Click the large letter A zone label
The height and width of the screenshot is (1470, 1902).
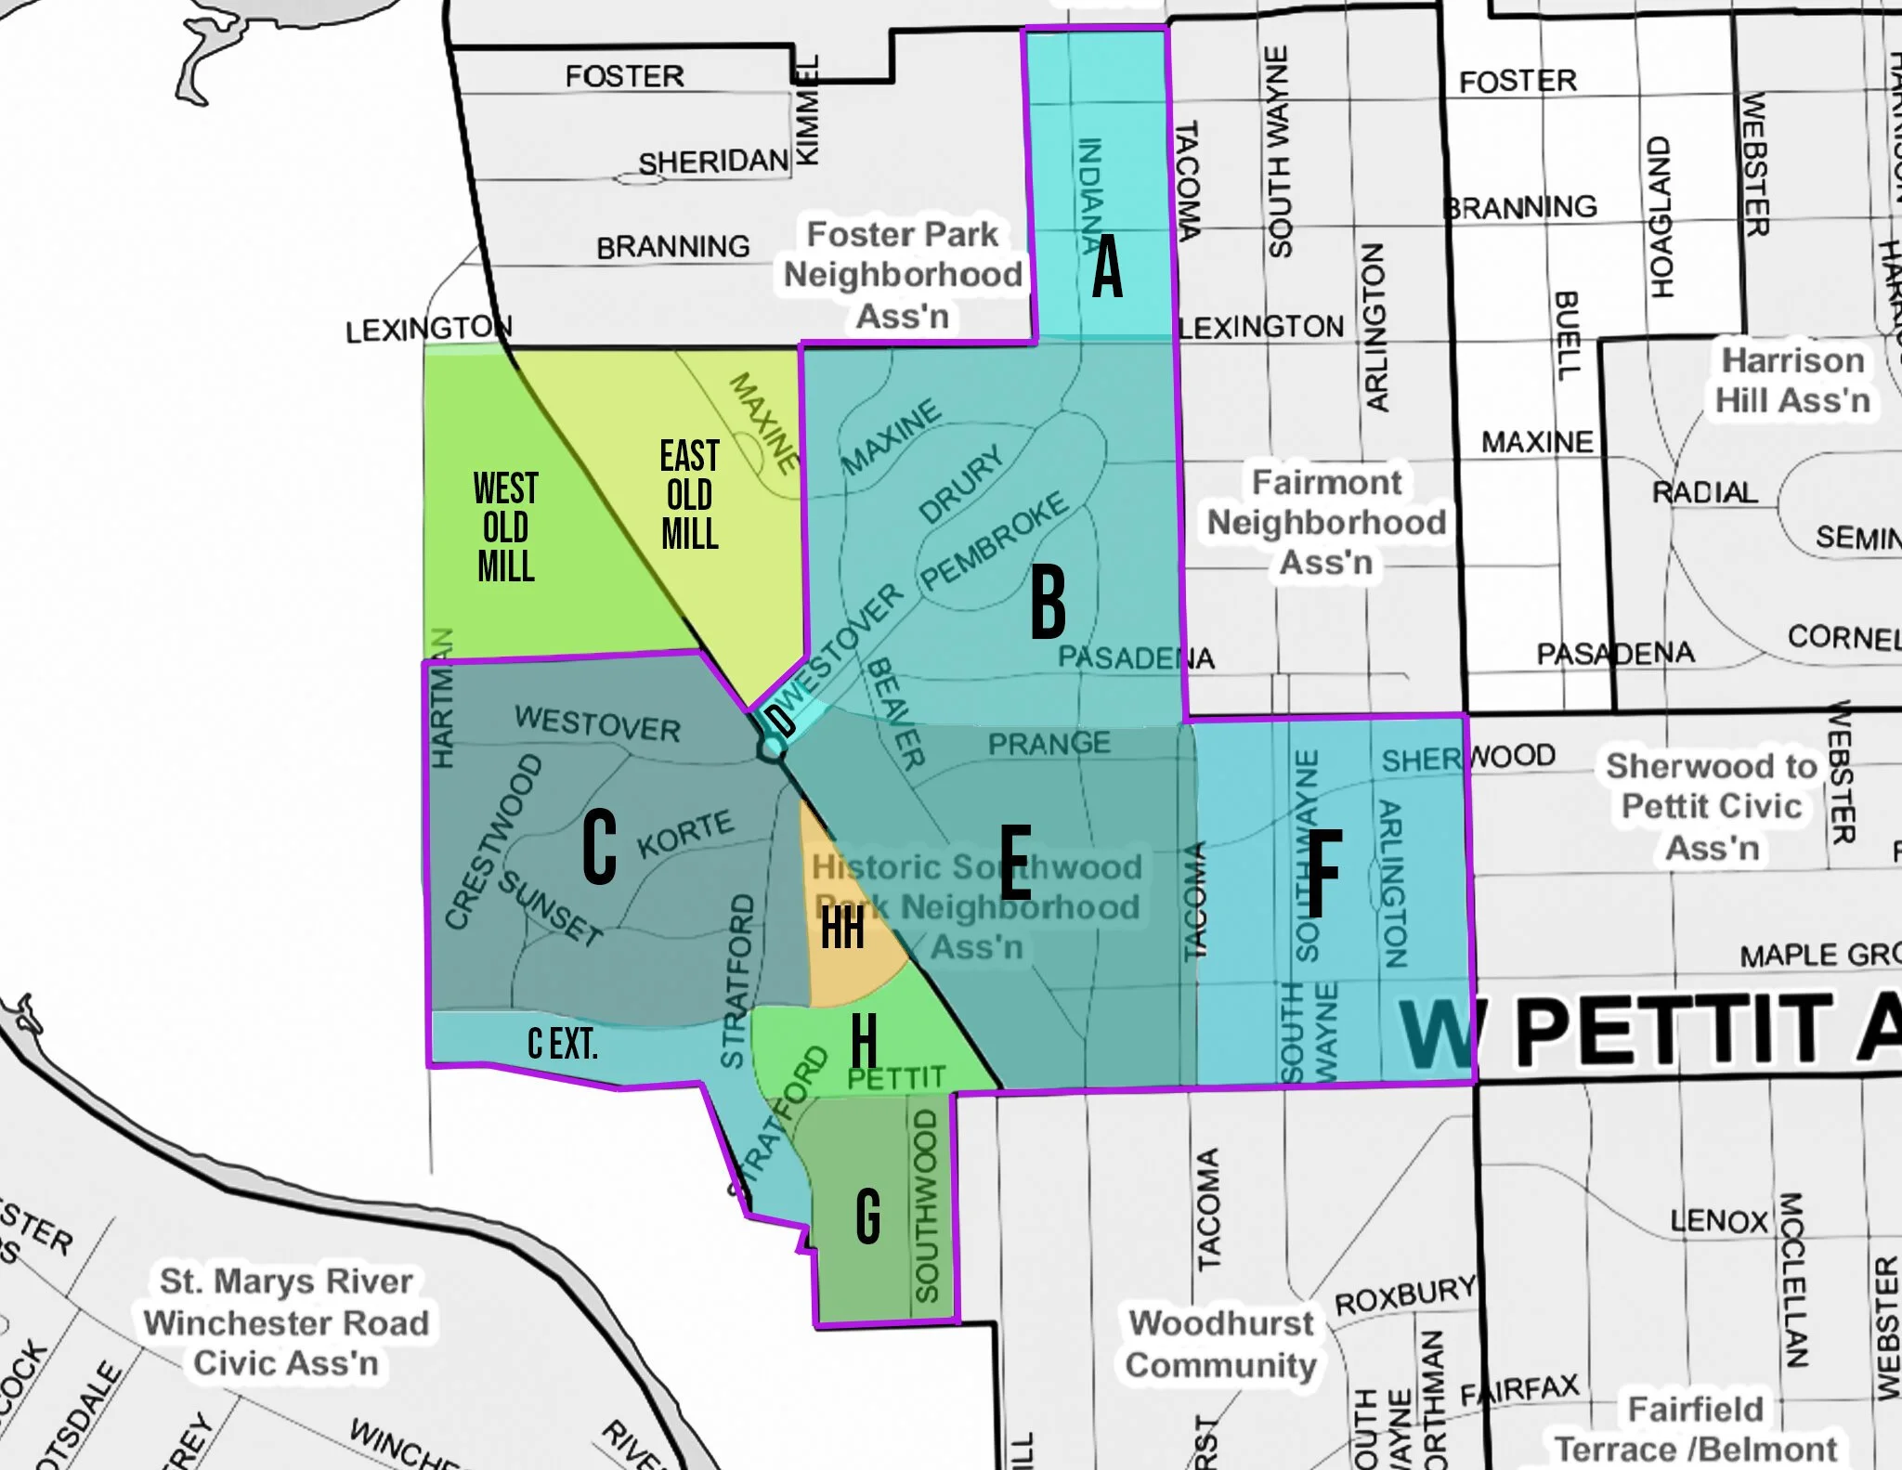point(1107,267)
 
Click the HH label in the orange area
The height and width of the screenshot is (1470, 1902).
point(842,928)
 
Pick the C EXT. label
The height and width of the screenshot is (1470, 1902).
point(562,1044)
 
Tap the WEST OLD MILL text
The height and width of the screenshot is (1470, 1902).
point(505,527)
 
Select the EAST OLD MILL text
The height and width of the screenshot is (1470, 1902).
point(689,495)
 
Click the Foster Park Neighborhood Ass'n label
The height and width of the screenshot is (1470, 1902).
point(902,275)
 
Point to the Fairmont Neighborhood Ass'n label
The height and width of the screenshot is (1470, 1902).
point(1326,522)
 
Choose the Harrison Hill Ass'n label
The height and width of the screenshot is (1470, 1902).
point(1792,380)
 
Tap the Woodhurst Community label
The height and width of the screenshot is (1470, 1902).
point(1221,1343)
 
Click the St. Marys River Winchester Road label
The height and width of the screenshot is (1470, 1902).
point(286,1321)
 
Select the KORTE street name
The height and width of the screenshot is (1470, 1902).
point(685,833)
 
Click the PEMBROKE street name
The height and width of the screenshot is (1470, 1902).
point(995,540)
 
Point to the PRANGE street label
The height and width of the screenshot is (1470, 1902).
point(1049,744)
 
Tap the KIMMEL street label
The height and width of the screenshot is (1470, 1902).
point(807,111)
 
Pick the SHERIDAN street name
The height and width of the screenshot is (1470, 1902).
point(712,162)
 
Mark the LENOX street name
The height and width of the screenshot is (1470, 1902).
point(1719,1219)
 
